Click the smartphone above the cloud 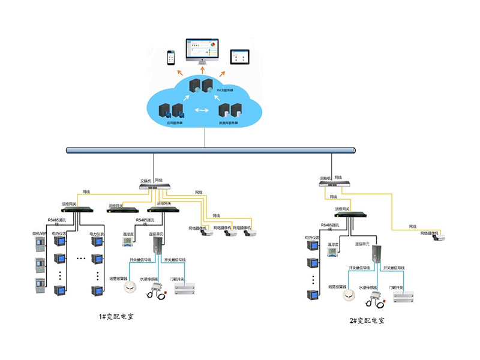[x=170, y=57]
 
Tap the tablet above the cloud [x=239, y=56]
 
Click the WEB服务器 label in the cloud [x=224, y=90]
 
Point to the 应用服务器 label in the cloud [x=175, y=122]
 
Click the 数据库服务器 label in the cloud [x=229, y=122]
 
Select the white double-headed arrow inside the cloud [x=202, y=110]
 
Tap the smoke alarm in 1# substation [x=130, y=288]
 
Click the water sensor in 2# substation [x=368, y=294]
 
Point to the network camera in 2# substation [x=439, y=237]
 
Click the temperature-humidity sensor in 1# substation [x=128, y=242]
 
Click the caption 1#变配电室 [x=115, y=316]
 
